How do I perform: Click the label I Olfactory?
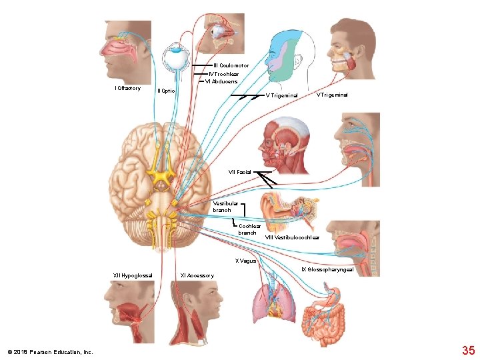(x=128, y=89)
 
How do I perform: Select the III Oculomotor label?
(x=231, y=65)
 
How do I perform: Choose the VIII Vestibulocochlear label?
(x=292, y=238)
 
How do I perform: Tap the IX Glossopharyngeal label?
(x=327, y=269)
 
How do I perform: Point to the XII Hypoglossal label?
(x=133, y=275)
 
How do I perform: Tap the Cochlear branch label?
(x=247, y=229)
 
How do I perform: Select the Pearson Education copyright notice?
(x=50, y=352)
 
